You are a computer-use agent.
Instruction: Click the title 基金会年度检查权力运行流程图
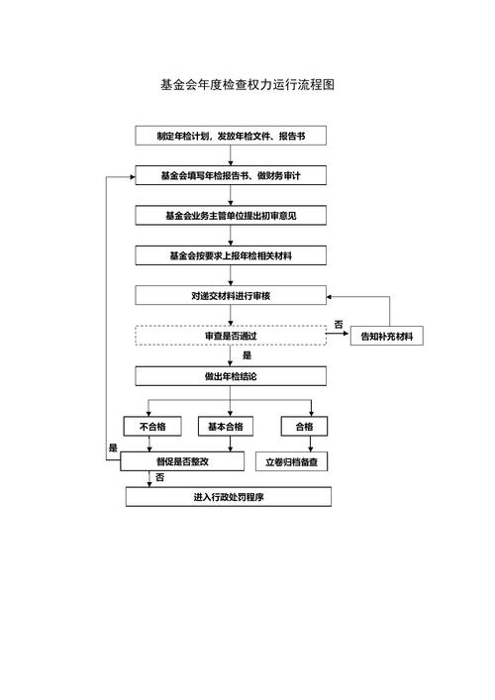pyautogui.click(x=247, y=85)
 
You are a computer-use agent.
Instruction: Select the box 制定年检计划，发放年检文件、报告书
pyautogui.click(x=230, y=136)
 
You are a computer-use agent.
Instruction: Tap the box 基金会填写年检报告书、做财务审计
pyautogui.click(x=230, y=175)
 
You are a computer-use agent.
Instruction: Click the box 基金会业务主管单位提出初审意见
pyautogui.click(x=230, y=215)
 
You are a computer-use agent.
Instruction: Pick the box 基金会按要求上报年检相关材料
pyautogui.click(x=230, y=255)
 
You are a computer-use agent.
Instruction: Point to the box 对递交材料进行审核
pyautogui.click(x=230, y=295)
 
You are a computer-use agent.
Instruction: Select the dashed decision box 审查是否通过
pyautogui.click(x=230, y=336)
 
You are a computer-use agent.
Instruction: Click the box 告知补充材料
pyautogui.click(x=387, y=337)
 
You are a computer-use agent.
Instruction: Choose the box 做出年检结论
pyautogui.click(x=230, y=376)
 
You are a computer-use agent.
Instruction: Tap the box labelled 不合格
pyautogui.click(x=151, y=427)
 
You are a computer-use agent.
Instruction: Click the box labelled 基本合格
pyautogui.click(x=225, y=427)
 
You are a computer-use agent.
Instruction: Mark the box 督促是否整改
pyautogui.click(x=181, y=461)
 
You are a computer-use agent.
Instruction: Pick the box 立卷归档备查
pyautogui.click(x=297, y=461)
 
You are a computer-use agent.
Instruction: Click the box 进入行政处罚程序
pyautogui.click(x=228, y=497)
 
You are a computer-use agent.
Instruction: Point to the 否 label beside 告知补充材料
pyautogui.click(x=338, y=325)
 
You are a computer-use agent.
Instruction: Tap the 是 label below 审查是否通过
pyautogui.click(x=247, y=355)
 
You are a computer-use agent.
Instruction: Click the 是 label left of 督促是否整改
pyautogui.click(x=112, y=449)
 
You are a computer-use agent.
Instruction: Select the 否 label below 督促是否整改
pyautogui.click(x=159, y=478)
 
